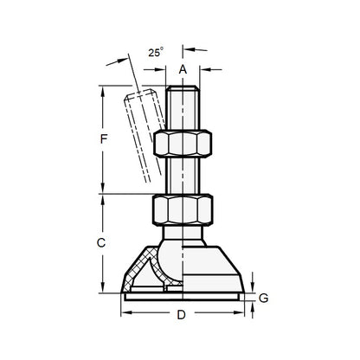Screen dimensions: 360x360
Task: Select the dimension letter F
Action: pos(103,138)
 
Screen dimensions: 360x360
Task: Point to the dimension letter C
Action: pos(102,243)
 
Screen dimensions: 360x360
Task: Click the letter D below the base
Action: pos(181,315)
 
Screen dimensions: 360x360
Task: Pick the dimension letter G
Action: pos(263,299)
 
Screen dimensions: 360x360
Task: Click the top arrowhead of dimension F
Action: pos(103,88)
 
